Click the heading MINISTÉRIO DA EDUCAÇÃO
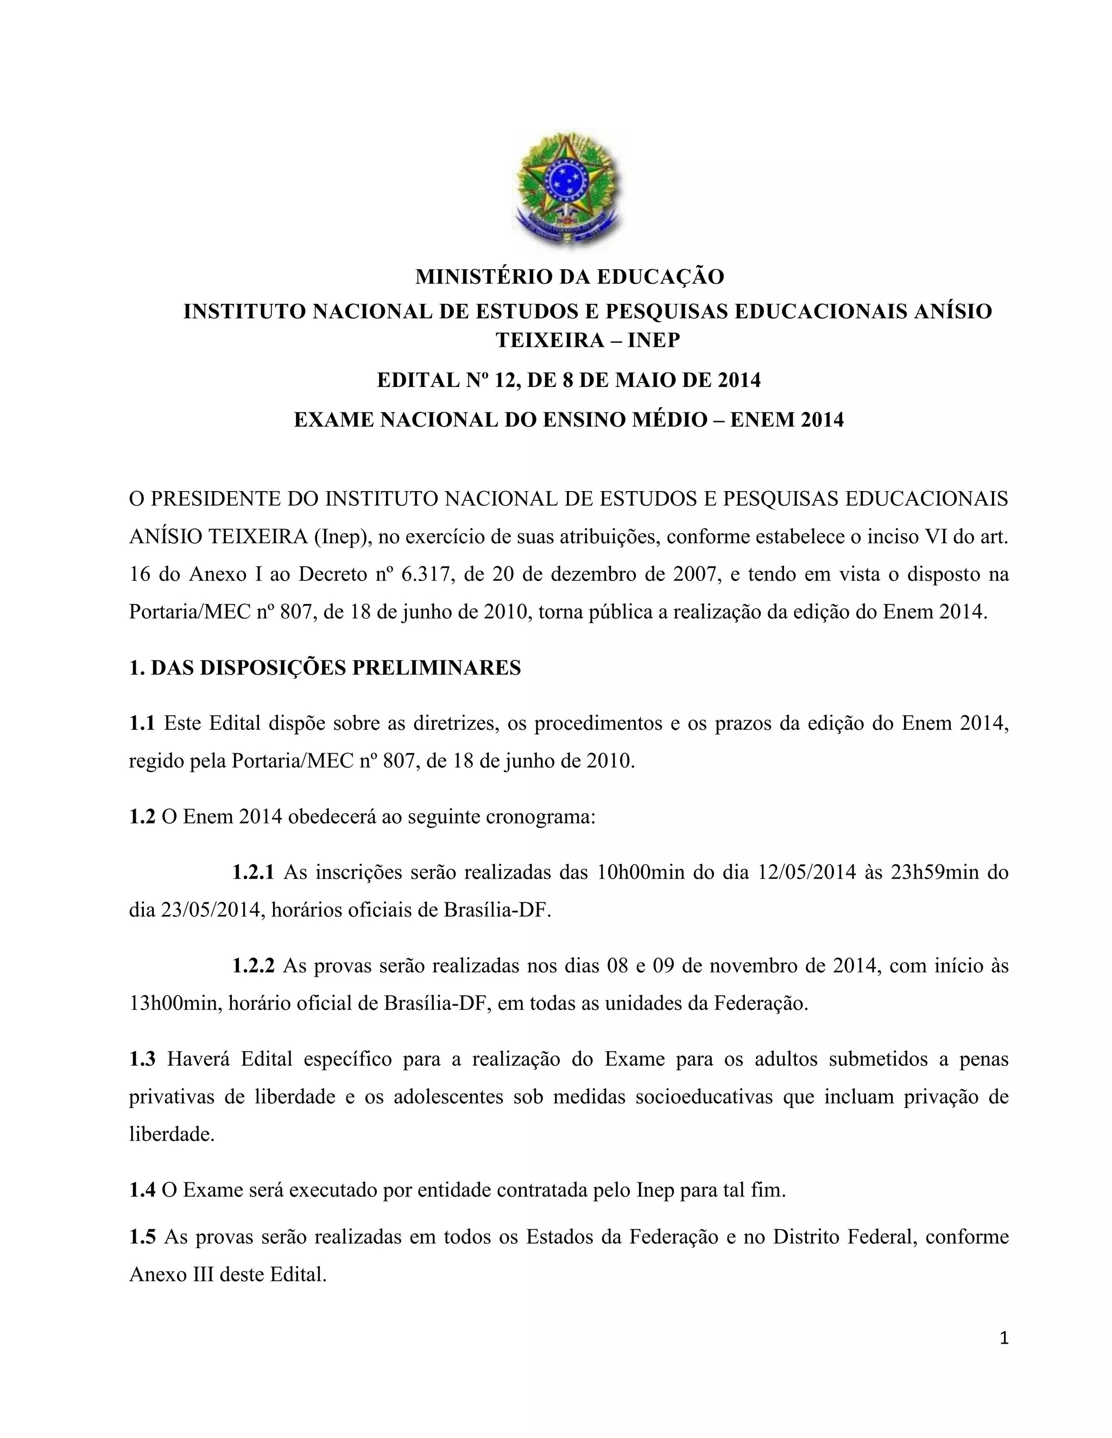[x=569, y=277]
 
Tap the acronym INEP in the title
[x=654, y=340]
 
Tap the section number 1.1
[x=142, y=723]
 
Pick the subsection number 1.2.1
[x=252, y=873]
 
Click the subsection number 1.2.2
[x=252, y=966]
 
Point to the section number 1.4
[x=142, y=1191]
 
